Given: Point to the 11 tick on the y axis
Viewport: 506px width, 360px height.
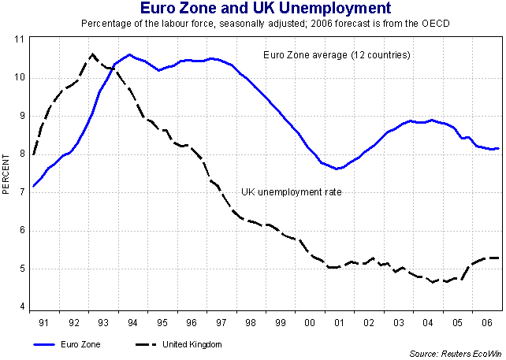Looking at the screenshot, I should [x=20, y=39].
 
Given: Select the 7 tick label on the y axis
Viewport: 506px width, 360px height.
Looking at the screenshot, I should [x=21, y=192].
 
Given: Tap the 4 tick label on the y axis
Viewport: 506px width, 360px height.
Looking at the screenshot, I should [x=21, y=307].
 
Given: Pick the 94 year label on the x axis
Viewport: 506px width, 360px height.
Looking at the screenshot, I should [x=129, y=323].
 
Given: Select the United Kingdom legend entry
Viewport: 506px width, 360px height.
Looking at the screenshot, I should [x=192, y=344].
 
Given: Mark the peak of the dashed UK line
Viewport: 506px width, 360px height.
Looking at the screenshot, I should [x=92, y=54].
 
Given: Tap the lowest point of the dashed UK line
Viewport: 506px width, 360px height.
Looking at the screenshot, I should [x=433, y=282].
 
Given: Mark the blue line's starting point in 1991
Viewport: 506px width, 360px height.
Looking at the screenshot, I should [x=34, y=186].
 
